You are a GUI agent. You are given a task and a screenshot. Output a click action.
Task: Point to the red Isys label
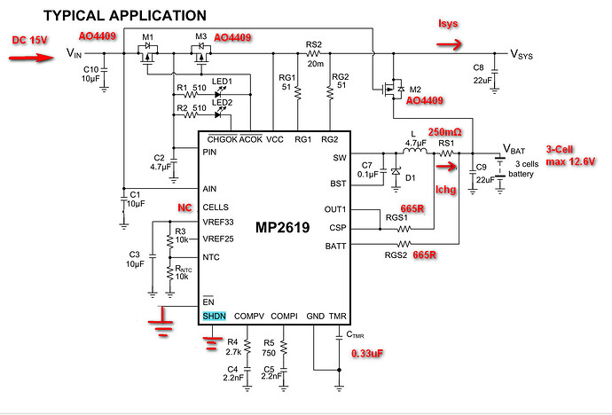(450, 22)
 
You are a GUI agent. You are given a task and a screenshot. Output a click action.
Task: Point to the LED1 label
(222, 82)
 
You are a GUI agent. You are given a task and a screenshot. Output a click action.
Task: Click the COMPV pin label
(250, 317)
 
